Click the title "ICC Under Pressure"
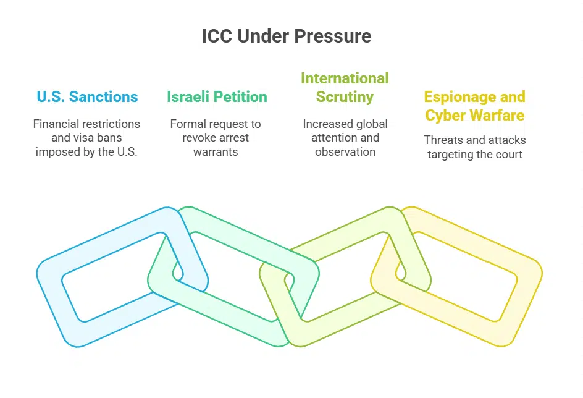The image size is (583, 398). pos(287,36)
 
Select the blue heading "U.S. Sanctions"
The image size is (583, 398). pos(87,97)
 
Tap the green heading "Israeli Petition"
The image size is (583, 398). pos(217,97)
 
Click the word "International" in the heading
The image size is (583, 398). pos(345,78)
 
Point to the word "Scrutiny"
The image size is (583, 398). pos(345,97)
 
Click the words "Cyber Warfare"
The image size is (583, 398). pos(474,116)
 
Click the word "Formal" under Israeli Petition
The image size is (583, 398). pos(187,124)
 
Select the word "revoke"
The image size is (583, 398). pos(201,138)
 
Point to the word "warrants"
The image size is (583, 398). pos(216,151)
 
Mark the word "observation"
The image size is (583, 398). pos(345,151)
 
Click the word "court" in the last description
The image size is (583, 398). pos(508,154)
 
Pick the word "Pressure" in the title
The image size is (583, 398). pos(340,36)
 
